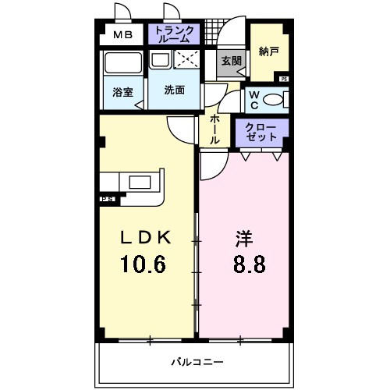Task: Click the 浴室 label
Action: (x=122, y=91)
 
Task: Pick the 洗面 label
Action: (x=175, y=90)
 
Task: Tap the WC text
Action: (x=254, y=100)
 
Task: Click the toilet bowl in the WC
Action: (x=273, y=99)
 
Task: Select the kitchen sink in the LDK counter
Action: (x=140, y=182)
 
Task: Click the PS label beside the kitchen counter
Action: (x=107, y=199)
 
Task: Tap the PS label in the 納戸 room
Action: (x=283, y=79)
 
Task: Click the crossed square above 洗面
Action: (x=187, y=60)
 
